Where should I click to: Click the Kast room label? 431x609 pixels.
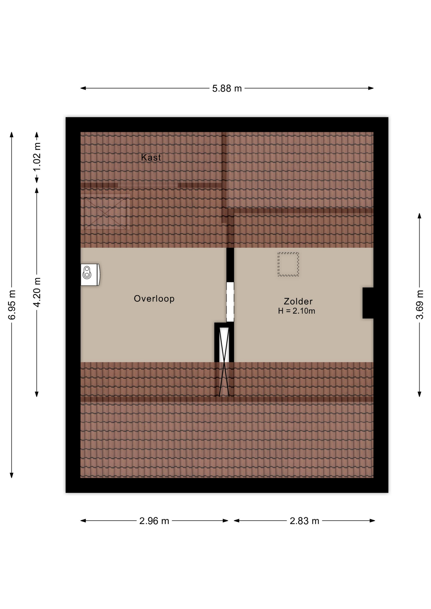point(151,157)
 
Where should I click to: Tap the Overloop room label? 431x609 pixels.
point(154,299)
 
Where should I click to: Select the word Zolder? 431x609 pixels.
point(298,301)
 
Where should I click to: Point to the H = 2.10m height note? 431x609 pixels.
point(296,311)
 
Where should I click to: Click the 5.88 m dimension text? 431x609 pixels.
point(227,88)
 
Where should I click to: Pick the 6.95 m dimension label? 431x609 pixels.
point(12,305)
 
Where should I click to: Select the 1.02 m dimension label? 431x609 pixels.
point(37,157)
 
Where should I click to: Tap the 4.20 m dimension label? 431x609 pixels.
point(37,292)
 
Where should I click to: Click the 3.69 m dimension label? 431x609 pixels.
point(420,304)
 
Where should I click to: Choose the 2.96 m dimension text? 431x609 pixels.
point(154,521)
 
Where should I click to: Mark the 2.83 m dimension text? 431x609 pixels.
point(304,521)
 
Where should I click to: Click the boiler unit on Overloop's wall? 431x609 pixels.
point(90,275)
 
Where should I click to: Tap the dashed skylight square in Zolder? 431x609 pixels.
point(288,264)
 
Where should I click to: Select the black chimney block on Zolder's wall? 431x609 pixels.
point(368,303)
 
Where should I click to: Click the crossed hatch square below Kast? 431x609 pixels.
point(105,212)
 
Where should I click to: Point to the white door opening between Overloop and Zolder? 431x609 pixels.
point(230,302)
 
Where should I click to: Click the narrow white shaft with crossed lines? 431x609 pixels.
point(224,362)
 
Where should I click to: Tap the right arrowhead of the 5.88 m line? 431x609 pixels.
point(371,88)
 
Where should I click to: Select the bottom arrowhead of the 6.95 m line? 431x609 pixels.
point(12,475)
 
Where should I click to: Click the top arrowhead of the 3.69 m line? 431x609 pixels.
point(420,216)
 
